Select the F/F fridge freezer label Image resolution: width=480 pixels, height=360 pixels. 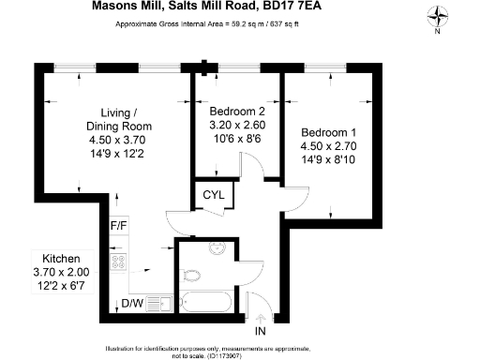[119, 226]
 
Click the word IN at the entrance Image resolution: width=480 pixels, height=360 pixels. [261, 330]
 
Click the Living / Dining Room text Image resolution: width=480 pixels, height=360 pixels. [118, 119]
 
